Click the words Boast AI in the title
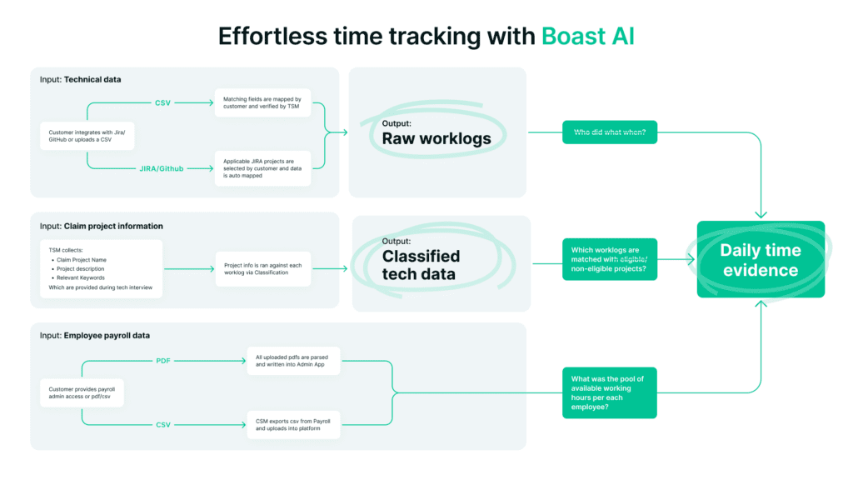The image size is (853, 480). (587, 37)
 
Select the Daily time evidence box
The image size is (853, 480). (761, 259)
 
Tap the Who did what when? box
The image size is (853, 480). (609, 132)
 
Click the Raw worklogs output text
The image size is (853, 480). (436, 138)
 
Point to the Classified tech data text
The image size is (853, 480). (421, 265)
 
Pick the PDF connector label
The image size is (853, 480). (162, 361)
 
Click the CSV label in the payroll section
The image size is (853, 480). (162, 425)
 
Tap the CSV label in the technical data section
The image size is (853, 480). (164, 102)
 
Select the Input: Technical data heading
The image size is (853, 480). (81, 80)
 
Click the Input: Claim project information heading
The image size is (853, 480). (102, 226)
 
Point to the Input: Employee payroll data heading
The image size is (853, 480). (97, 335)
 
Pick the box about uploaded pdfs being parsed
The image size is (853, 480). (294, 362)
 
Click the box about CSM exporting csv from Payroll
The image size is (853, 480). (294, 425)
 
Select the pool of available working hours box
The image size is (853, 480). (609, 393)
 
